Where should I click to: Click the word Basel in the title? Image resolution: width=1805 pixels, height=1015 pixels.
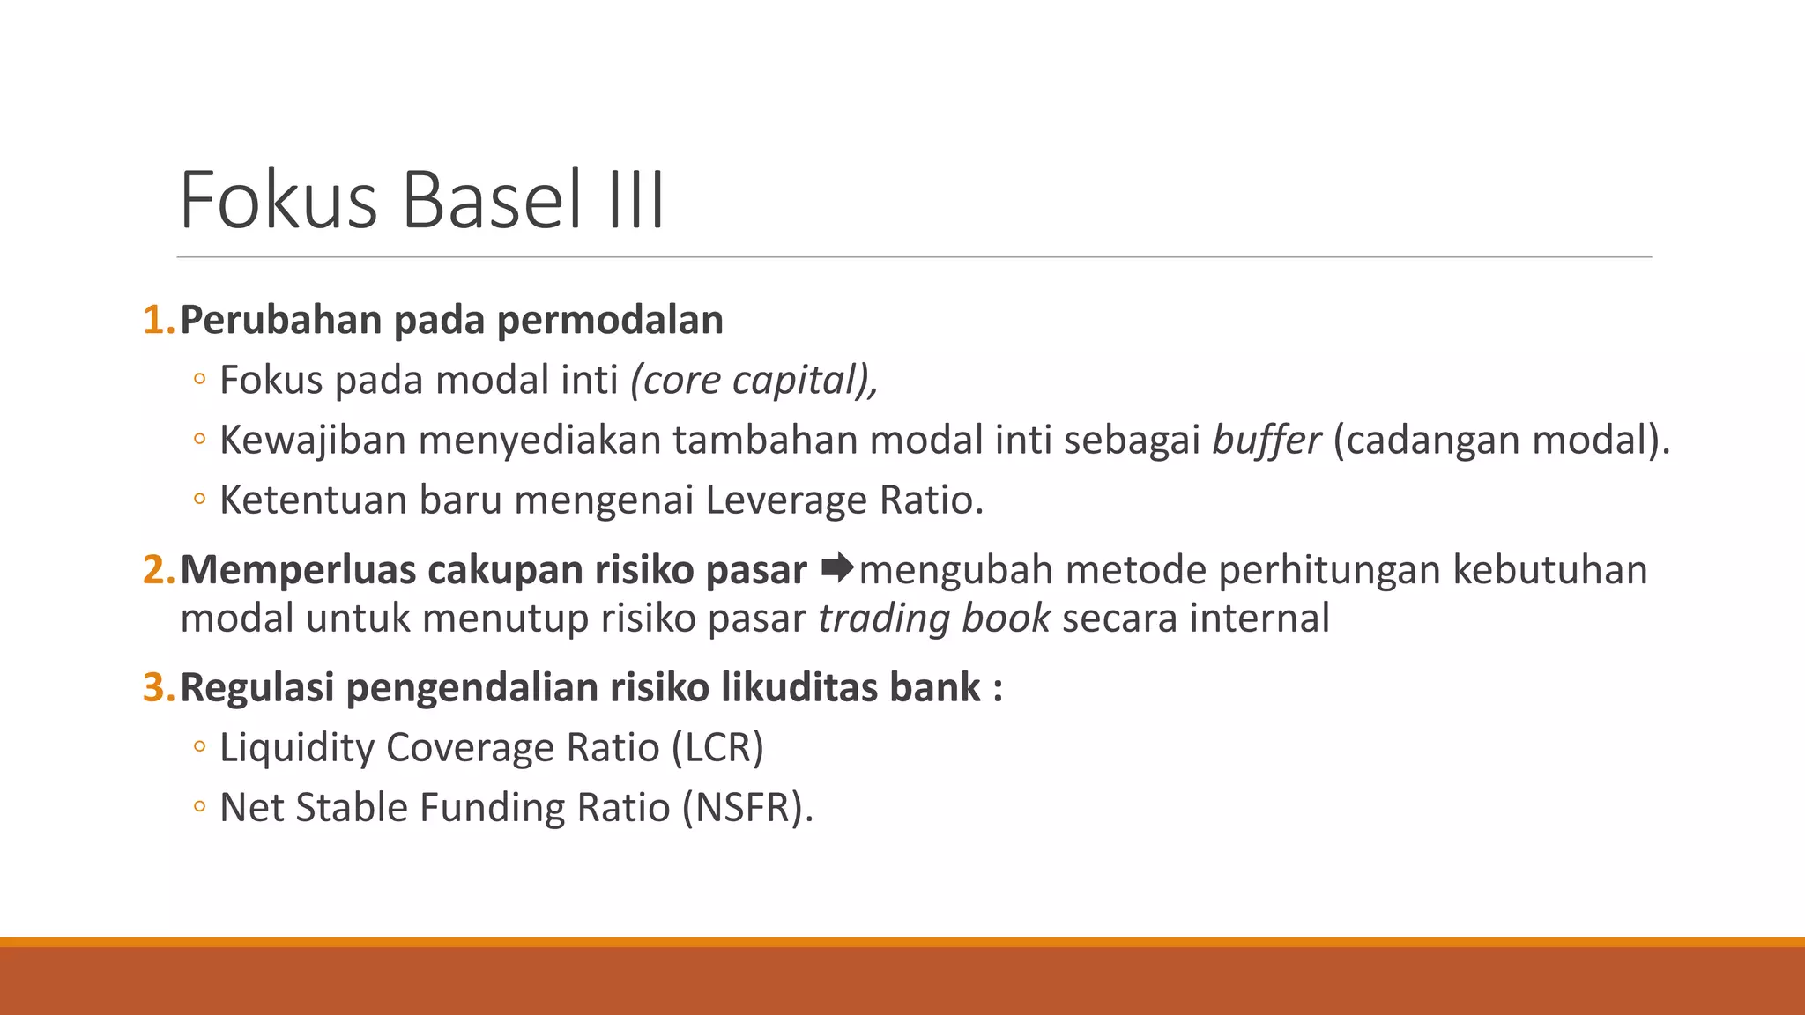coord(492,201)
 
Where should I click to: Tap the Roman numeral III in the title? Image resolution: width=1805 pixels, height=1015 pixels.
coord(635,201)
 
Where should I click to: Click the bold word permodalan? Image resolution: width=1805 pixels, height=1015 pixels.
coord(610,321)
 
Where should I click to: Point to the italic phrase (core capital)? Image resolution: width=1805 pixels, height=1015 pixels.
coord(754,381)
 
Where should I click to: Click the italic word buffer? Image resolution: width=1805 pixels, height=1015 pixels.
coord(1266,441)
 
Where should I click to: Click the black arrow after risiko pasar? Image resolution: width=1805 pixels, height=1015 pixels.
coord(836,568)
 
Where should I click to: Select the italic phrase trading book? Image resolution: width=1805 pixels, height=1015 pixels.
coord(933,619)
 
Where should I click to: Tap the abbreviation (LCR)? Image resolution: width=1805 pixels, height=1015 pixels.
coord(717,748)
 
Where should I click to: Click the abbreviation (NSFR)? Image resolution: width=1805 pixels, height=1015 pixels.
coord(746,808)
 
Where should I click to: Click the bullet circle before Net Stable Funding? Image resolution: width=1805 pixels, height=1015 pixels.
coord(199,807)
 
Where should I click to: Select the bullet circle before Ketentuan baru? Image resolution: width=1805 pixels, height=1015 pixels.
coord(199,500)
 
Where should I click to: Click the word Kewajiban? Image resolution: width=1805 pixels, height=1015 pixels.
coord(312,441)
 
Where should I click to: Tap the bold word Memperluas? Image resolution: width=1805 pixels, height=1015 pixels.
coord(297,570)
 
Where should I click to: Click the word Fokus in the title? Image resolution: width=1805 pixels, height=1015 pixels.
coord(279,201)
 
